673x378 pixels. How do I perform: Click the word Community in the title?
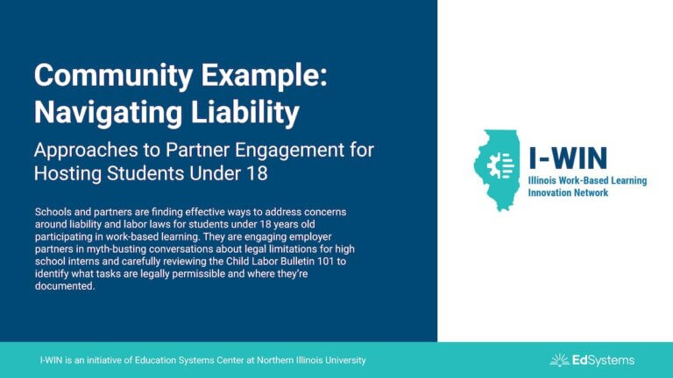tap(113, 76)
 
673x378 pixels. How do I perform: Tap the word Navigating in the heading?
tap(108, 113)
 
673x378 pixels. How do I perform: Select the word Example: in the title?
tap(265, 76)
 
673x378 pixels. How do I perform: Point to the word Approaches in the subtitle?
tap(86, 150)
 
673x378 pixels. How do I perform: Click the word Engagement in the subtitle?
tap(290, 150)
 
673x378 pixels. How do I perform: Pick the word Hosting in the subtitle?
tap(68, 173)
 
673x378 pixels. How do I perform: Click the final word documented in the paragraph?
tap(65, 286)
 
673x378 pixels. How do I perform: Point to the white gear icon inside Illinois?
tap(500, 165)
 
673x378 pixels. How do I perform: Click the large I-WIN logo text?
tap(568, 157)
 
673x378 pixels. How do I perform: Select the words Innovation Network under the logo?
tap(568, 192)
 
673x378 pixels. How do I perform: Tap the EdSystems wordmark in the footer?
tap(603, 360)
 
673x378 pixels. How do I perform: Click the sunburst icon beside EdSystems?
tap(559, 360)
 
